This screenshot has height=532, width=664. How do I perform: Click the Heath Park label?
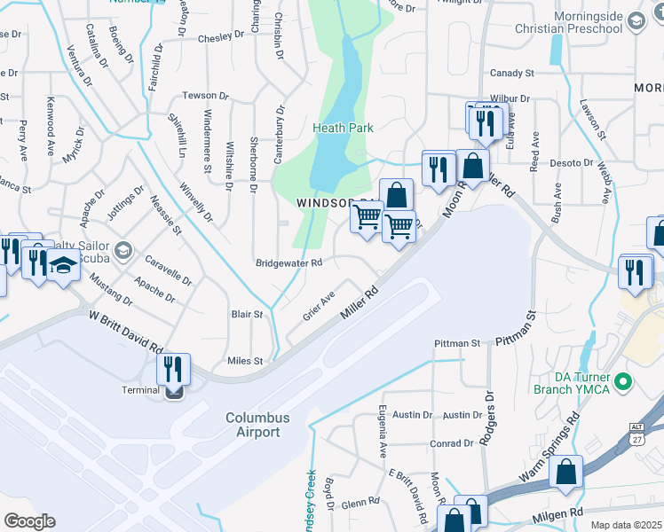343,128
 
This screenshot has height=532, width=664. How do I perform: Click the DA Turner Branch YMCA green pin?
623,382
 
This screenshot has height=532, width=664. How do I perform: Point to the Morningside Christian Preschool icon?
635,20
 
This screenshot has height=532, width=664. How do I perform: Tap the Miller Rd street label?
363,306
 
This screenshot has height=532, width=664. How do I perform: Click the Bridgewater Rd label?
289,263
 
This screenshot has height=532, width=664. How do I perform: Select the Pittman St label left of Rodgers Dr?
456,343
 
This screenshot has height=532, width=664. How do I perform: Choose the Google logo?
29,521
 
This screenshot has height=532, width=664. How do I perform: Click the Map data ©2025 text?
627,526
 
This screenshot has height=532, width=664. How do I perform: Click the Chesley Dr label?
220,37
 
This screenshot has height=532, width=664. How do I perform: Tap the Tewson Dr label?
205,95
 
